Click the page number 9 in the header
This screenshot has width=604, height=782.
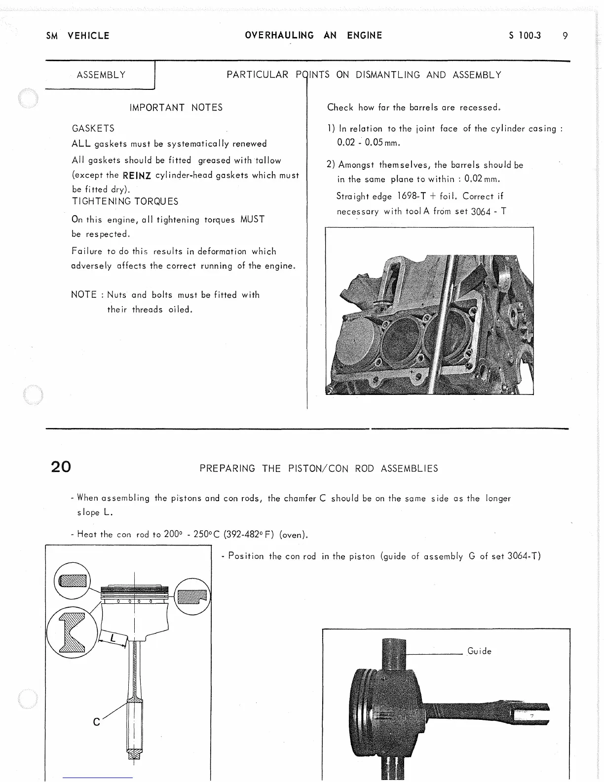coord(565,36)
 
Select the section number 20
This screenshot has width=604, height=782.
coord(61,467)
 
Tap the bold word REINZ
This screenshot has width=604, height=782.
coord(136,175)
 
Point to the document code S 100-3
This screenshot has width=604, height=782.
coord(525,36)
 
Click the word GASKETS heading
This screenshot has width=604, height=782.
coord(93,128)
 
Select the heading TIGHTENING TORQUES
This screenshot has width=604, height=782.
coord(125,201)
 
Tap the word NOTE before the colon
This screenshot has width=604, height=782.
coord(84,295)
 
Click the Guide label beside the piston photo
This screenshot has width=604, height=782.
coord(479,651)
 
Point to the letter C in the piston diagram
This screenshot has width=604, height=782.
coord(97,722)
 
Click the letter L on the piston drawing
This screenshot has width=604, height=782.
coord(113,638)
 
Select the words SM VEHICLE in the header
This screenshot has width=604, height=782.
coord(77,36)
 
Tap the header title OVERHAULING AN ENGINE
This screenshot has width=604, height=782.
coord(313,36)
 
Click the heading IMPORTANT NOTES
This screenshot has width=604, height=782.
coord(176,108)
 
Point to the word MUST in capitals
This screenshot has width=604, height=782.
coord(253,219)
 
